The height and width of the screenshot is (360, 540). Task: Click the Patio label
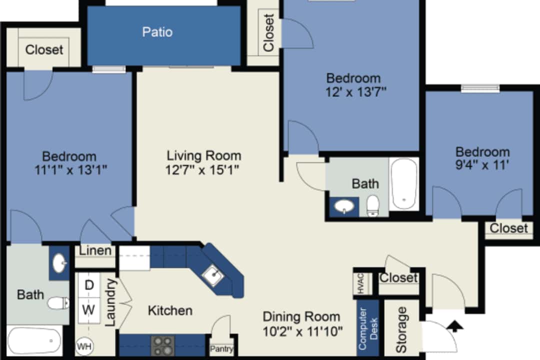tap(157, 32)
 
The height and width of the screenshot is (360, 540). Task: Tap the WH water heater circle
tap(84, 346)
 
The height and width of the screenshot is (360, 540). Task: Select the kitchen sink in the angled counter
tap(213, 276)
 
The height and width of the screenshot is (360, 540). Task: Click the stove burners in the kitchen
tap(163, 345)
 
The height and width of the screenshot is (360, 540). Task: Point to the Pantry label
tap(221, 349)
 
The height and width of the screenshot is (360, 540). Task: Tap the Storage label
tap(401, 329)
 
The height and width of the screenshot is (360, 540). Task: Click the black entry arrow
tap(455, 326)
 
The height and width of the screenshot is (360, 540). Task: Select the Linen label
tap(95, 251)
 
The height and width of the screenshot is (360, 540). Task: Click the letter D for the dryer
tap(89, 285)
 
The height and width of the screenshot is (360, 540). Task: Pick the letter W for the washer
tap(88, 309)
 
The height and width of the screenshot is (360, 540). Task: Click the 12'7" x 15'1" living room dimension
tap(202, 170)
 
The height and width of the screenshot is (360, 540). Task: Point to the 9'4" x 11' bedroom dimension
tap(482, 165)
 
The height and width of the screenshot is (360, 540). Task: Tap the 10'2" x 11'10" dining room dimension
tap(302, 331)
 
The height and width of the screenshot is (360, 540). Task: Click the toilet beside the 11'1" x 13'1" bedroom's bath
tap(58, 303)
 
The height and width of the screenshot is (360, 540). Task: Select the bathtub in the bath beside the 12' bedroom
tap(404, 183)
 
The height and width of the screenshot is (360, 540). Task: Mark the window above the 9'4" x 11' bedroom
tap(480, 88)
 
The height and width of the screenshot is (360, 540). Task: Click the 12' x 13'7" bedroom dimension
tap(356, 92)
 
